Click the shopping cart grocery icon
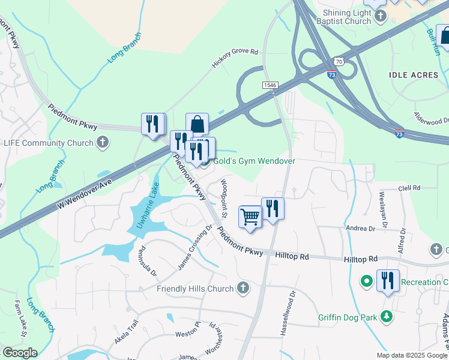pyautogui.click(x=250, y=217)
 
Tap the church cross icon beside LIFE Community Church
pyautogui.click(x=103, y=143)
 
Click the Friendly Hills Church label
pyautogui.click(x=195, y=289)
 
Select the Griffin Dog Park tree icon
pyautogui.click(x=387, y=316)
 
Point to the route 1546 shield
pyautogui.click(x=270, y=86)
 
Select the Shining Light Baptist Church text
pyautogui.click(x=347, y=17)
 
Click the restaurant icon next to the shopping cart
pyautogui.click(x=273, y=208)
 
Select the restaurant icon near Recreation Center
pyautogui.click(x=388, y=280)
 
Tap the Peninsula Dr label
pyautogui.click(x=148, y=262)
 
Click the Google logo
pyautogui.click(x=19, y=353)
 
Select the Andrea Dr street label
pyautogui.click(x=360, y=229)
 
